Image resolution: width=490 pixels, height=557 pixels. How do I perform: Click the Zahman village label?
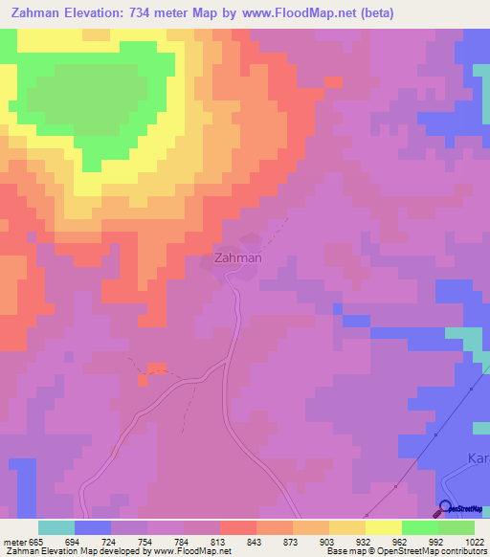click(x=236, y=257)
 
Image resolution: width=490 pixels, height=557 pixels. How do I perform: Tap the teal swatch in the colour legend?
click(x=56, y=527)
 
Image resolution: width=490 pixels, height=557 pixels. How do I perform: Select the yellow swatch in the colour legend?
click(x=384, y=527)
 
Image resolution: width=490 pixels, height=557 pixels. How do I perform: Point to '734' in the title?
click(x=156, y=12)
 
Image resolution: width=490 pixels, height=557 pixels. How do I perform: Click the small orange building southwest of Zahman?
click(x=156, y=368)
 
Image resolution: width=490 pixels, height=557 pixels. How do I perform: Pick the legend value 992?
click(x=419, y=542)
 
